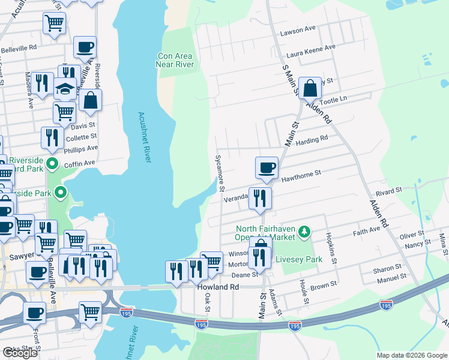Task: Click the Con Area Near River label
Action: [x=175, y=60]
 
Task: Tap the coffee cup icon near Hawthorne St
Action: [x=267, y=167]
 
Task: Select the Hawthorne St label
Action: [x=301, y=175]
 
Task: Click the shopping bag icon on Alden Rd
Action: [x=310, y=89]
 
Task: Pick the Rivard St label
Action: [x=388, y=191]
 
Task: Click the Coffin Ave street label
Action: [x=80, y=163]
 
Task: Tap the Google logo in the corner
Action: [x=20, y=353]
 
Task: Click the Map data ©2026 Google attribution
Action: [x=412, y=355]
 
